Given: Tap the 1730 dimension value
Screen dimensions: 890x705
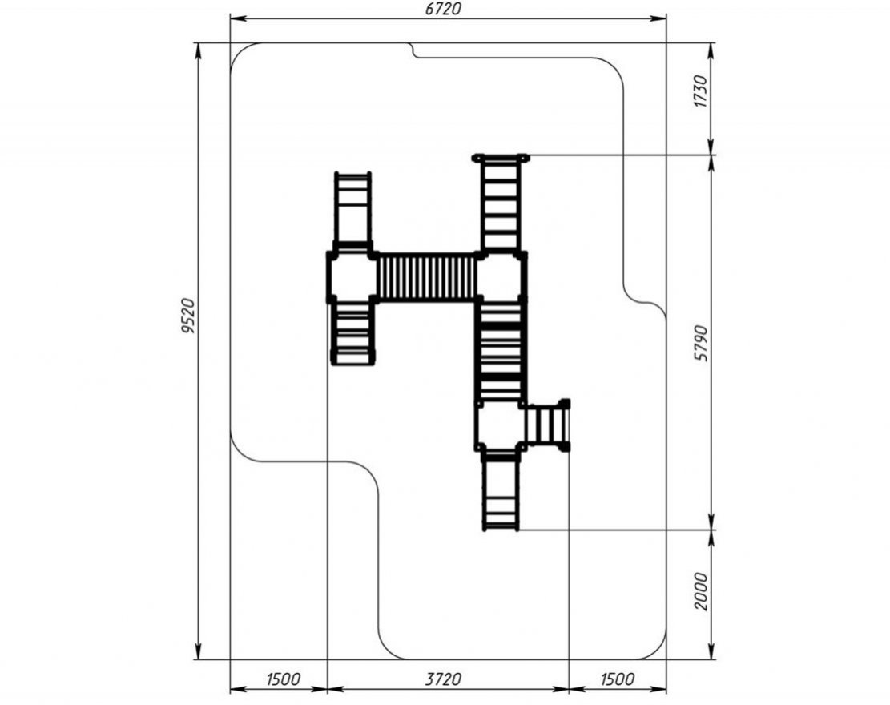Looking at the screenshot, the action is (701, 91).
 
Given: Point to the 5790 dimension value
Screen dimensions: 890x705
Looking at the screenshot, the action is (701, 344).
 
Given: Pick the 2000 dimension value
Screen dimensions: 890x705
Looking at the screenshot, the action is (701, 591).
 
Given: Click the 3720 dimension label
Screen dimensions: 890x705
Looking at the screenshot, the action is (443, 679).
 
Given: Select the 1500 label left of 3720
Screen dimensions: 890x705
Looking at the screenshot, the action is (283, 679).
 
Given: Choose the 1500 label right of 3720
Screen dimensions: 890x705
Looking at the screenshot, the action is (616, 679).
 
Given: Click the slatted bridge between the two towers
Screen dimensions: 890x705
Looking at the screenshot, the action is (426, 277).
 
